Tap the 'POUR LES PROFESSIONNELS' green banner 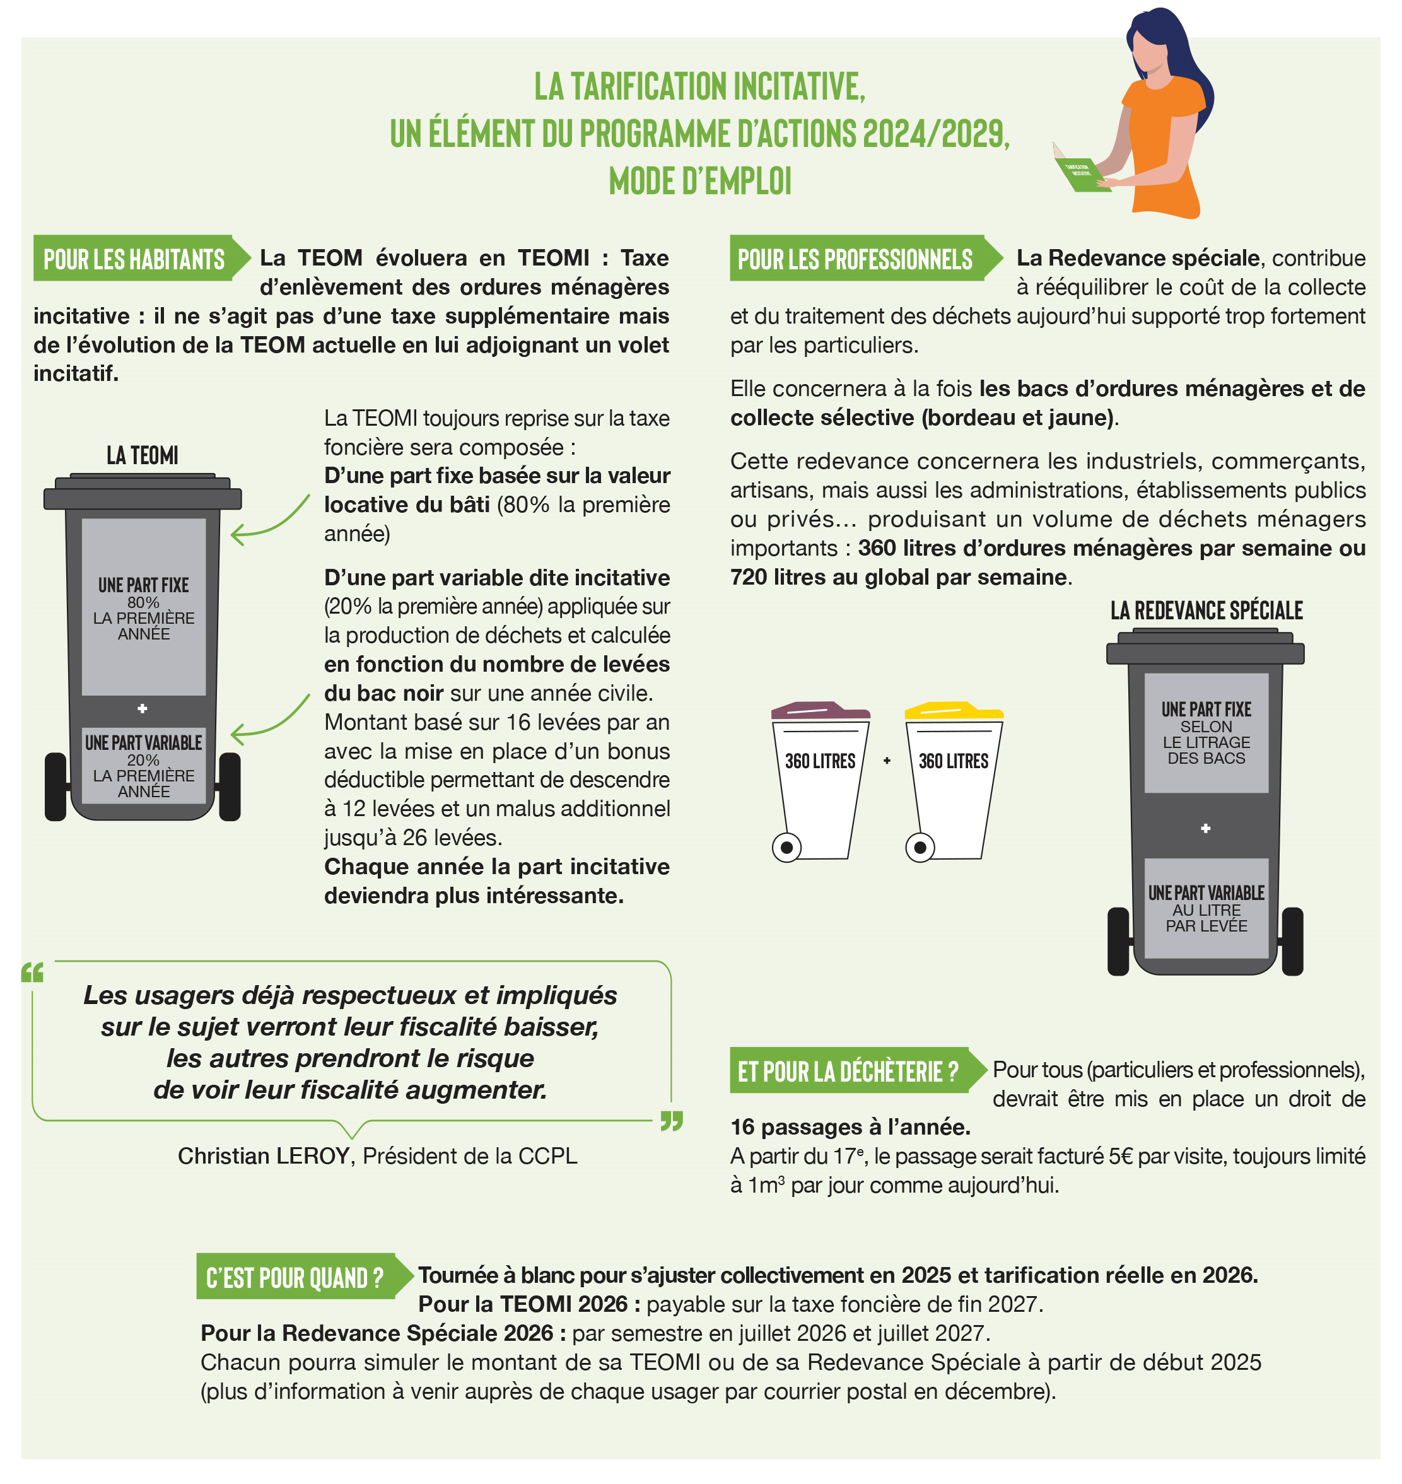pos(865,259)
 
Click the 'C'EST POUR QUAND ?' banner pos(304,1277)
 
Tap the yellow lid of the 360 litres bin pos(954,711)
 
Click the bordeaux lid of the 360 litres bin pos(820,711)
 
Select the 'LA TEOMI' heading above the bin pos(142,455)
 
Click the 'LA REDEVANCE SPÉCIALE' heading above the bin pos(1206,611)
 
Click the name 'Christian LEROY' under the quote pos(264,1156)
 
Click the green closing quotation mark pos(672,1121)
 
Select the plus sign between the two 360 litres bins pos(887,761)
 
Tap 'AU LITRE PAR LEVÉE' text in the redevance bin pos(1206,918)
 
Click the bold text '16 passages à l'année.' pos(850,1127)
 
